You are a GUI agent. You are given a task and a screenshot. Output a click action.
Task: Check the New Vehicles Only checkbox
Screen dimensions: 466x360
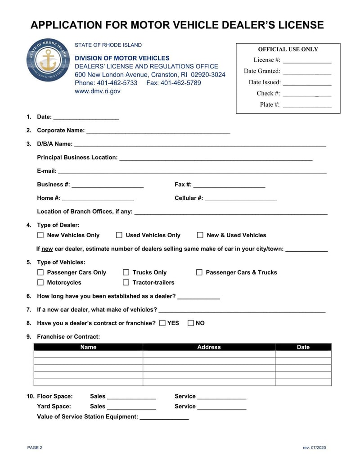(40, 235)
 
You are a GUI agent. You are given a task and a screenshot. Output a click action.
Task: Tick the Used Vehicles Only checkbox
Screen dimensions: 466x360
(119, 235)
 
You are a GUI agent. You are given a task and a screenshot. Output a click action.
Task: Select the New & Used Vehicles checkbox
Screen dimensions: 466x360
(200, 235)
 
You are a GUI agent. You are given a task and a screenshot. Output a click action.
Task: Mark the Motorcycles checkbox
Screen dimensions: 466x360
(40, 283)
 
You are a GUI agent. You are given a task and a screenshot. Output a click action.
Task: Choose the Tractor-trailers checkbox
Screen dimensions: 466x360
(126, 283)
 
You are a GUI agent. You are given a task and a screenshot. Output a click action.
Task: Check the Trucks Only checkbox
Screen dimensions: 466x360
(126, 272)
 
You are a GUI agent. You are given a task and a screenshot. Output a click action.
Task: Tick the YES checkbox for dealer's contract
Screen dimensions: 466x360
(162, 323)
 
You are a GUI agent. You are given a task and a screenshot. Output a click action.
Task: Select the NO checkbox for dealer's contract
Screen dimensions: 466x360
(191, 323)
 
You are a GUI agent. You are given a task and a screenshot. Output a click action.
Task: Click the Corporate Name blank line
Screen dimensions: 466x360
(158, 131)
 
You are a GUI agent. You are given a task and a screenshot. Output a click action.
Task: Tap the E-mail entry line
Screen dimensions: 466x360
(192, 172)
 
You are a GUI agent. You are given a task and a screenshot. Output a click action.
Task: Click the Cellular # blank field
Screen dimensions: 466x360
(241, 199)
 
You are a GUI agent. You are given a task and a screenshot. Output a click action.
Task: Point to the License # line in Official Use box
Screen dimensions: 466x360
(307, 60)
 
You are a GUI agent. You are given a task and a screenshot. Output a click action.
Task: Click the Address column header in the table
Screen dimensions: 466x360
(209, 347)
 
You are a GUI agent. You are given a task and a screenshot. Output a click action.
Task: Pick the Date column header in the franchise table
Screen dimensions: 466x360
(303, 347)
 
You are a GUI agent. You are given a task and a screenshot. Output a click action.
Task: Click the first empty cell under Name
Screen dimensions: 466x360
(88, 354)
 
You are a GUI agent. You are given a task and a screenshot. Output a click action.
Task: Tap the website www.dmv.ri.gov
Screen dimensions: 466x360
(98, 91)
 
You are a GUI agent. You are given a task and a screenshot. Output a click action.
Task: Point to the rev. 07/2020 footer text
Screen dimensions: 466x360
(314, 448)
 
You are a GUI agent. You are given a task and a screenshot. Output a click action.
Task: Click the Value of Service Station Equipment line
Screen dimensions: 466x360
(164, 417)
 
